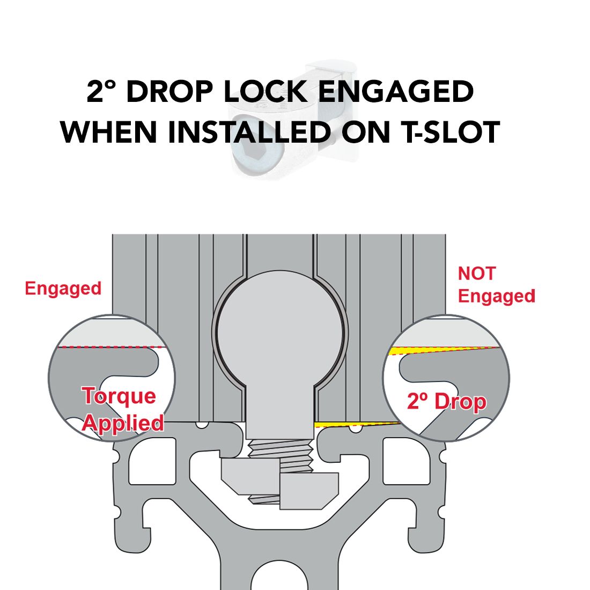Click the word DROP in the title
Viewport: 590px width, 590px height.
coord(169,91)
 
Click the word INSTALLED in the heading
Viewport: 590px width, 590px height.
coord(249,132)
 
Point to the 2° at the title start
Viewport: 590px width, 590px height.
coord(99,91)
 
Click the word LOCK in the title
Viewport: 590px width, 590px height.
coord(265,91)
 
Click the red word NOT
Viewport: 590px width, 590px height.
coord(476,274)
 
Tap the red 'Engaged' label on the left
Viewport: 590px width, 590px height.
coord(63,289)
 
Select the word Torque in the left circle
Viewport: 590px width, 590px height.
coord(119,396)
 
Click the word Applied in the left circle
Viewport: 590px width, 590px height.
coord(123,424)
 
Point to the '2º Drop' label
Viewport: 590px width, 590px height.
coord(447,402)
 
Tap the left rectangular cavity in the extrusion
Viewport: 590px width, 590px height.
coord(152,461)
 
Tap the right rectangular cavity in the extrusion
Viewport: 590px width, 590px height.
coord(407,461)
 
